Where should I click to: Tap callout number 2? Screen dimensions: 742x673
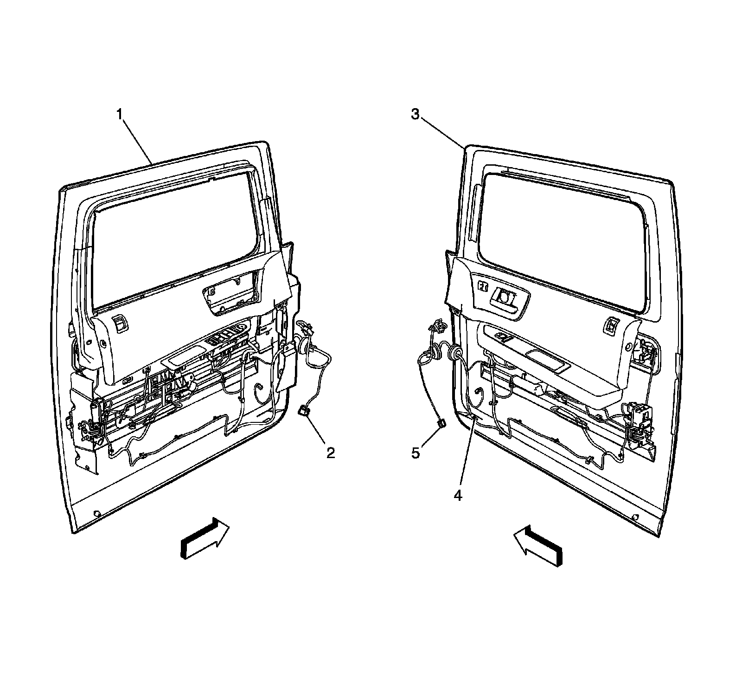[x=330, y=453]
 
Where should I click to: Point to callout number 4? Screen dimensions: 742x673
[x=458, y=496]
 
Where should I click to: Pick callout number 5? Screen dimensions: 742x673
[x=416, y=453]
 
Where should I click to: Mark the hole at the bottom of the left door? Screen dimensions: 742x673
[x=96, y=514]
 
